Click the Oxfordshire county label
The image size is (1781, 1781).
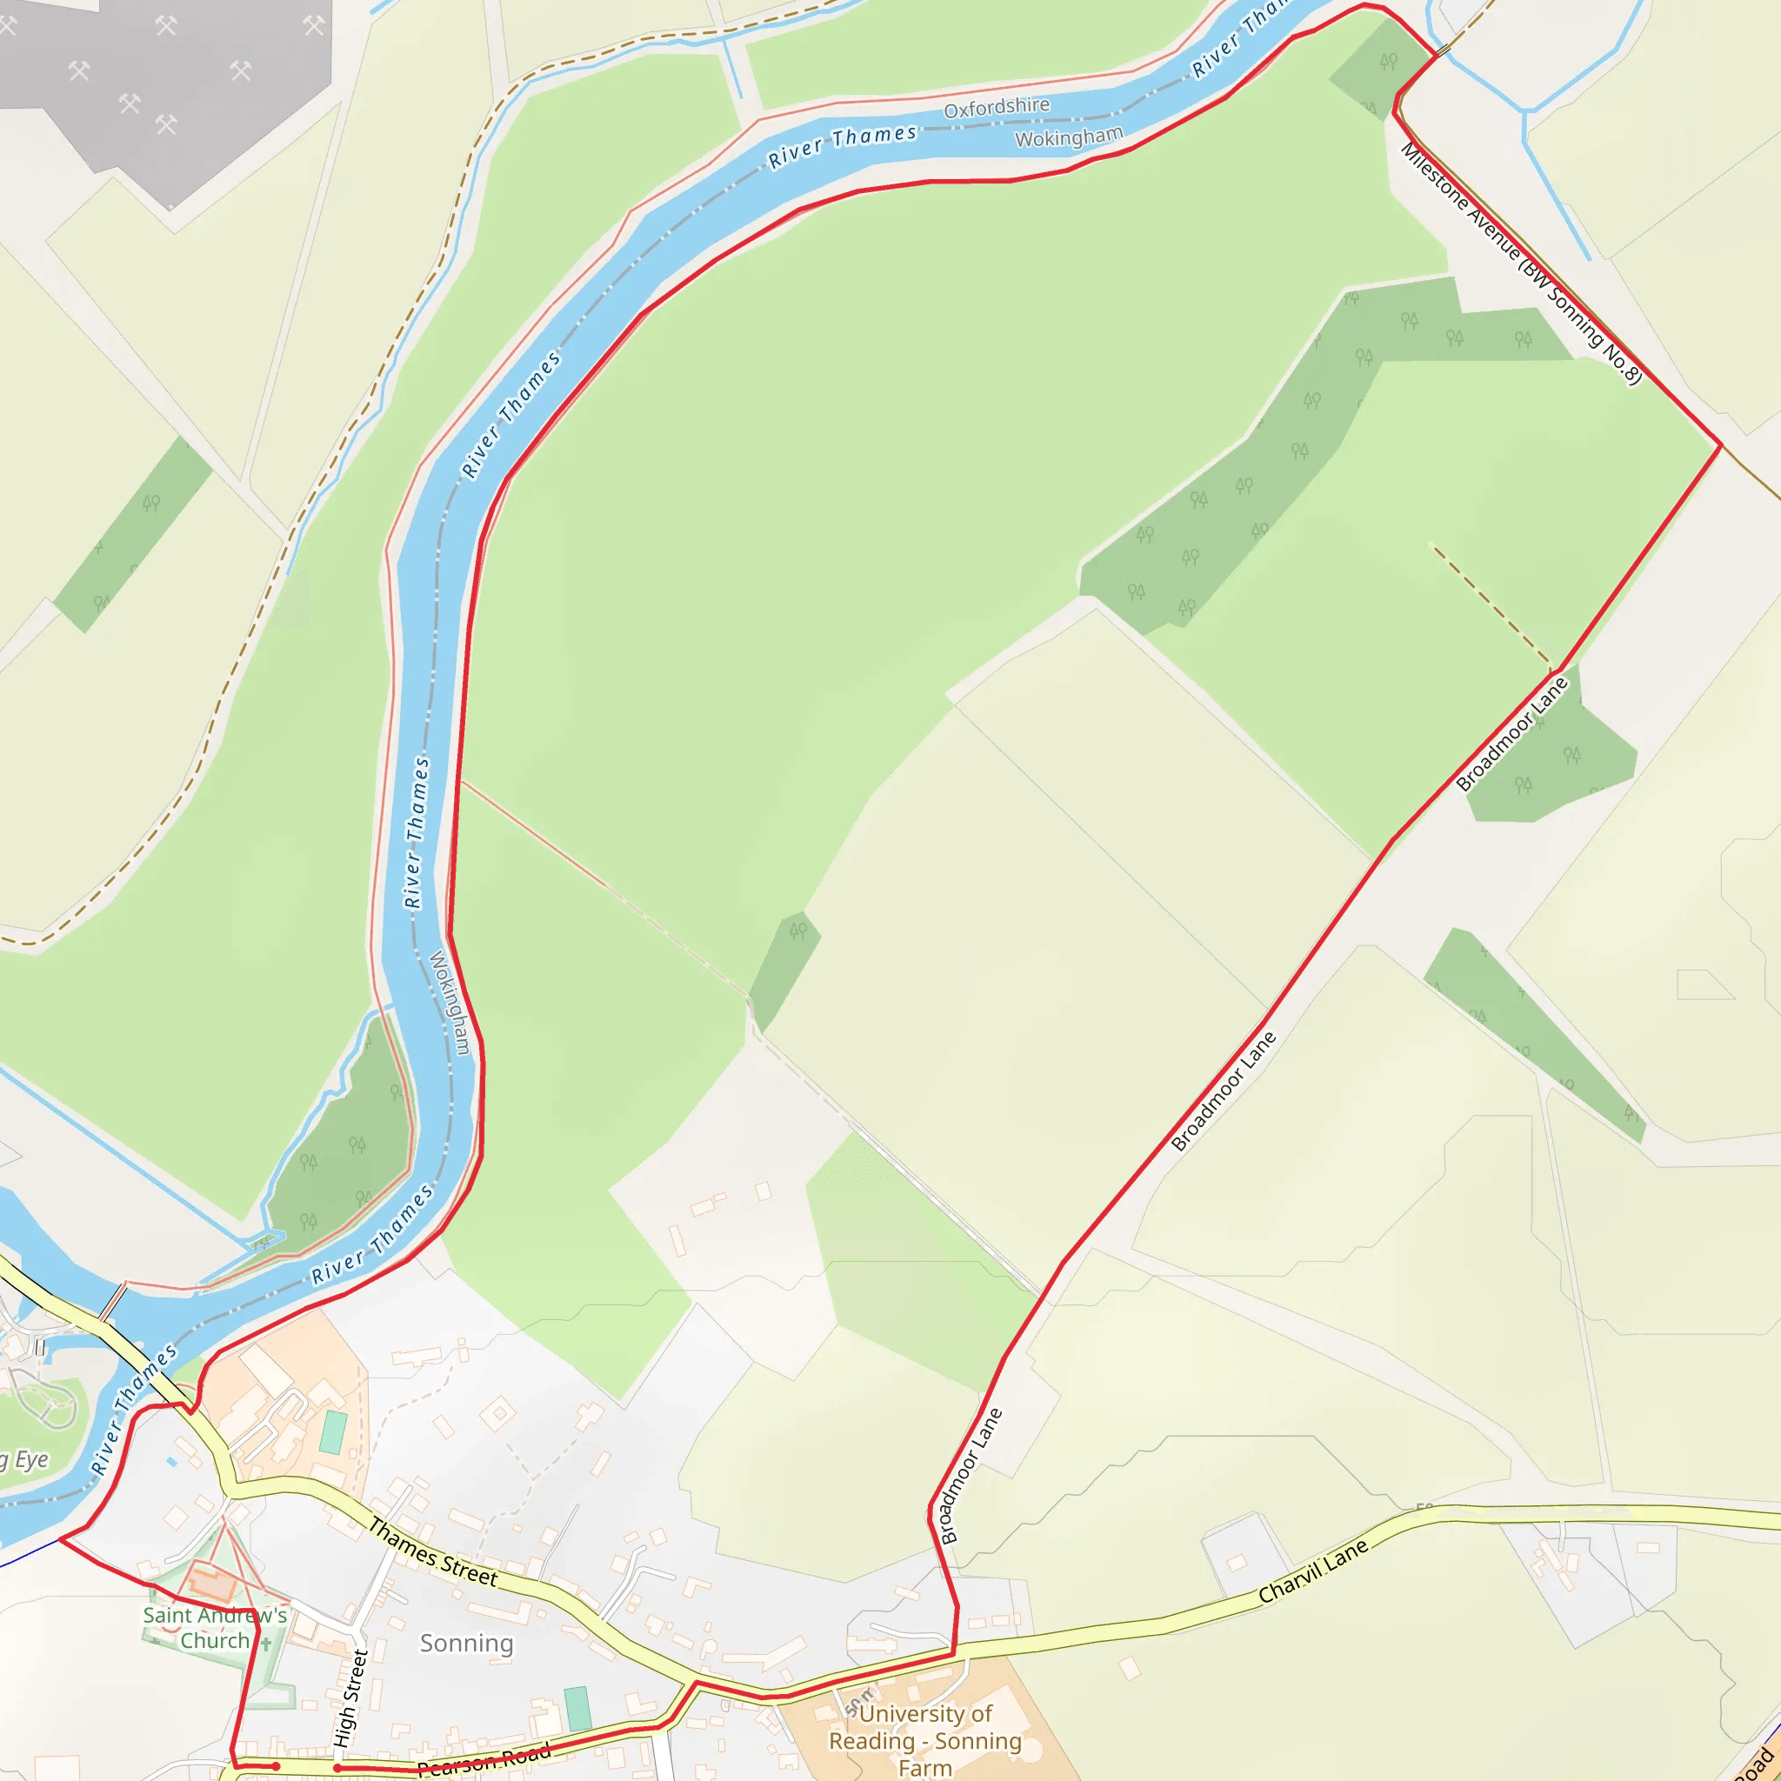[x=997, y=107]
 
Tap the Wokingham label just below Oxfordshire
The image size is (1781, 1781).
[x=1070, y=137]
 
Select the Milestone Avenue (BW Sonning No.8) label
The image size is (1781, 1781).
[x=1521, y=263]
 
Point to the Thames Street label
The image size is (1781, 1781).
[x=432, y=1552]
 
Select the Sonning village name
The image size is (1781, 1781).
[x=466, y=1643]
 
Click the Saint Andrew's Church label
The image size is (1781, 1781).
[x=215, y=1628]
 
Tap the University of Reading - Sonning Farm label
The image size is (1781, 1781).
[x=924, y=1740]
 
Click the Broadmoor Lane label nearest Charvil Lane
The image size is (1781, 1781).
[x=970, y=1476]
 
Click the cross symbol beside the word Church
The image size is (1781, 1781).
[x=266, y=1643]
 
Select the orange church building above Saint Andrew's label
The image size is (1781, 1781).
[x=213, y=1585]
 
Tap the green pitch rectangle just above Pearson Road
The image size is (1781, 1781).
[x=577, y=1708]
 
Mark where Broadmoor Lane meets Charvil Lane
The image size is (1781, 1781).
[x=953, y=1654]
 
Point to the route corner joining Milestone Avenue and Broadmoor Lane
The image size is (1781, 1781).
[x=1720, y=445]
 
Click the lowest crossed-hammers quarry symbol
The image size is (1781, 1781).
[x=166, y=123]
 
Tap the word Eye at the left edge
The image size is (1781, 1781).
[x=31, y=1459]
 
